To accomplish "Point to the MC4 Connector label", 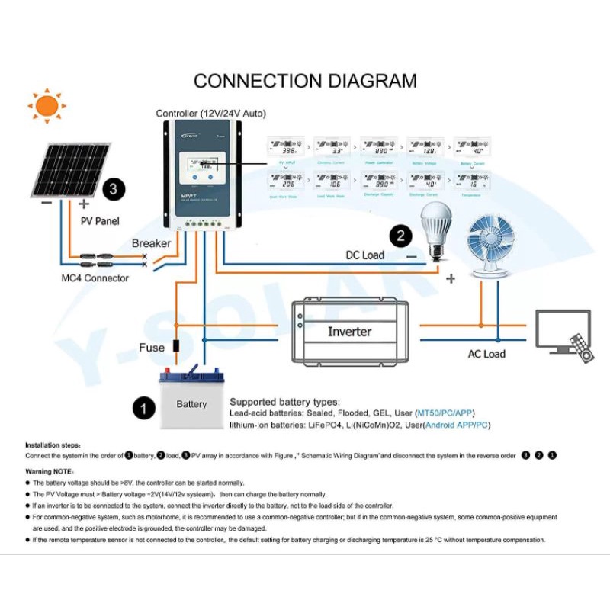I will (x=95, y=278).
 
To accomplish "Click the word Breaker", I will (x=151, y=243).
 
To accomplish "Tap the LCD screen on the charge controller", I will (x=204, y=166).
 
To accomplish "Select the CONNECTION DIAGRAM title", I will (x=305, y=81).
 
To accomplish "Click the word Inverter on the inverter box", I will (x=349, y=332).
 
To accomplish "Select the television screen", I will (x=563, y=330).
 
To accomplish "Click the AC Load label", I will (x=486, y=355).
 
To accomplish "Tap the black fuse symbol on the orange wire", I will (x=177, y=346).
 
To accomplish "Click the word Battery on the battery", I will (x=191, y=404).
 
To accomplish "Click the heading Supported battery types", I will (x=284, y=401).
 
